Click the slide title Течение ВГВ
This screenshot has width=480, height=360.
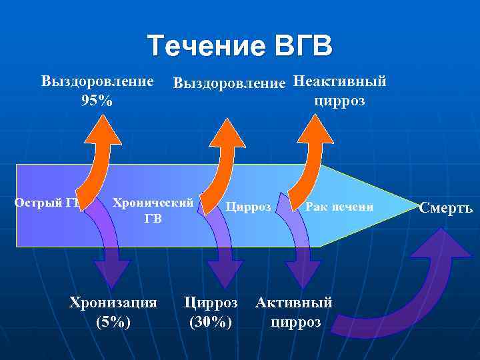[x=239, y=47]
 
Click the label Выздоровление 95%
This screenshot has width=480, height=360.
[x=97, y=91]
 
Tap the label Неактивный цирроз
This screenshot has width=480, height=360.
[x=340, y=91]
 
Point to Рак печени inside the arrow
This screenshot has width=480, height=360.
[x=339, y=207]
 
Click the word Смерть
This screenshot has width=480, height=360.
[x=446, y=208]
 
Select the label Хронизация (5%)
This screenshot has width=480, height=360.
[x=113, y=312]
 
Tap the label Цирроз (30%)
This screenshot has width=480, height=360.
[x=211, y=312]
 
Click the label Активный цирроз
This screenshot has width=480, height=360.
[x=294, y=312]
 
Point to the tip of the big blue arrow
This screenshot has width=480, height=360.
[x=407, y=205]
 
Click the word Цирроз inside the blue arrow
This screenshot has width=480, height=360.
[x=248, y=207]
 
